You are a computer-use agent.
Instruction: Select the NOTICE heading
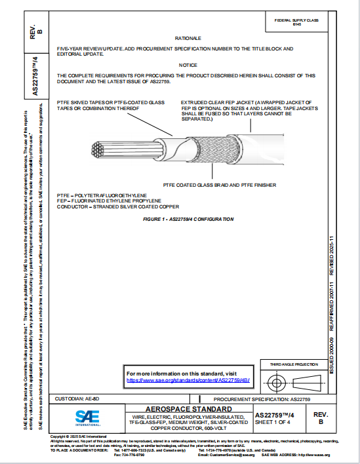click(188, 66)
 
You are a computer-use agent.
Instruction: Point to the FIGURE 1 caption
click(188, 219)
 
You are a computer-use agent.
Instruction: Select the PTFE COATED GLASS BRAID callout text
click(224, 185)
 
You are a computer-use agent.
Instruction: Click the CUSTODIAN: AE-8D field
click(79, 398)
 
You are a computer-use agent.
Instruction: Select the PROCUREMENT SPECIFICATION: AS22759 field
click(262, 398)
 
